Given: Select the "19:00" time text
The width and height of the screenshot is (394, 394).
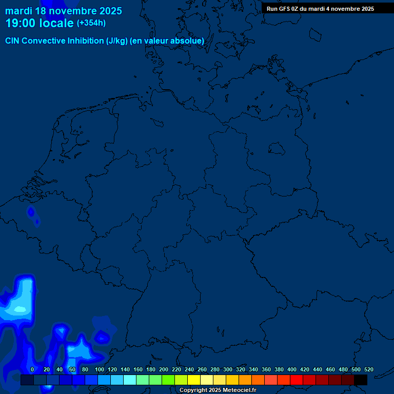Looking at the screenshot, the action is pos(21,24).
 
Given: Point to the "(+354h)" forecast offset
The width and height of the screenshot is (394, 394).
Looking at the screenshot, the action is pos(91,23).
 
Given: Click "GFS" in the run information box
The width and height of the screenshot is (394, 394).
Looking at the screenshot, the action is pos(285,9).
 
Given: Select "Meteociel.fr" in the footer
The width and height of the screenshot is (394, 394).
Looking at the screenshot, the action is pos(239,390).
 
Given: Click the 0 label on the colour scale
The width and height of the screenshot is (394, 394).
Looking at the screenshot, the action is pos(32,369).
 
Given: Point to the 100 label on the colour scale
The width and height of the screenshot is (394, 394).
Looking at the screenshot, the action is pos(100,369).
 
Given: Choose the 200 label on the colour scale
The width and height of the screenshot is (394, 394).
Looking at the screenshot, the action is pos(164,369).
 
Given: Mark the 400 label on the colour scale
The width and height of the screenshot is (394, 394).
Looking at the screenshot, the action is pos(292,369).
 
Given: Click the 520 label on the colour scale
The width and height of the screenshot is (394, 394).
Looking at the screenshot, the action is pos(369,369).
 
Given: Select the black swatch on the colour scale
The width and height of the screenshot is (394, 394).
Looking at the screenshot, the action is pos(361,380).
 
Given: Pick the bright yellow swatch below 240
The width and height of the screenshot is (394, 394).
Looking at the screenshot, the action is pos(194,380).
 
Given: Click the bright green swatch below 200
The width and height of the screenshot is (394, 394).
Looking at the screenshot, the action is pos(168,380).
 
